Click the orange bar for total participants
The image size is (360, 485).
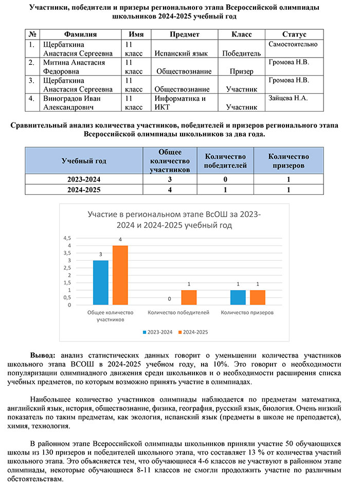[120, 275]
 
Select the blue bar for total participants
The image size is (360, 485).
[101, 282]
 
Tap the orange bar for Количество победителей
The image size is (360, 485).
[189, 297]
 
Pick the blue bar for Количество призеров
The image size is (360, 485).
[238, 297]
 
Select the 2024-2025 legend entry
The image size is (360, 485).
[193, 332]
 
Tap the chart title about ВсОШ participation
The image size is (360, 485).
[174, 219]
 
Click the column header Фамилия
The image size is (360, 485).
[80, 34]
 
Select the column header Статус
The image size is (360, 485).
[294, 34]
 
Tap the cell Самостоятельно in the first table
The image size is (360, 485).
[293, 44]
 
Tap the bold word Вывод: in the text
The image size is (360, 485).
[44, 355]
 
